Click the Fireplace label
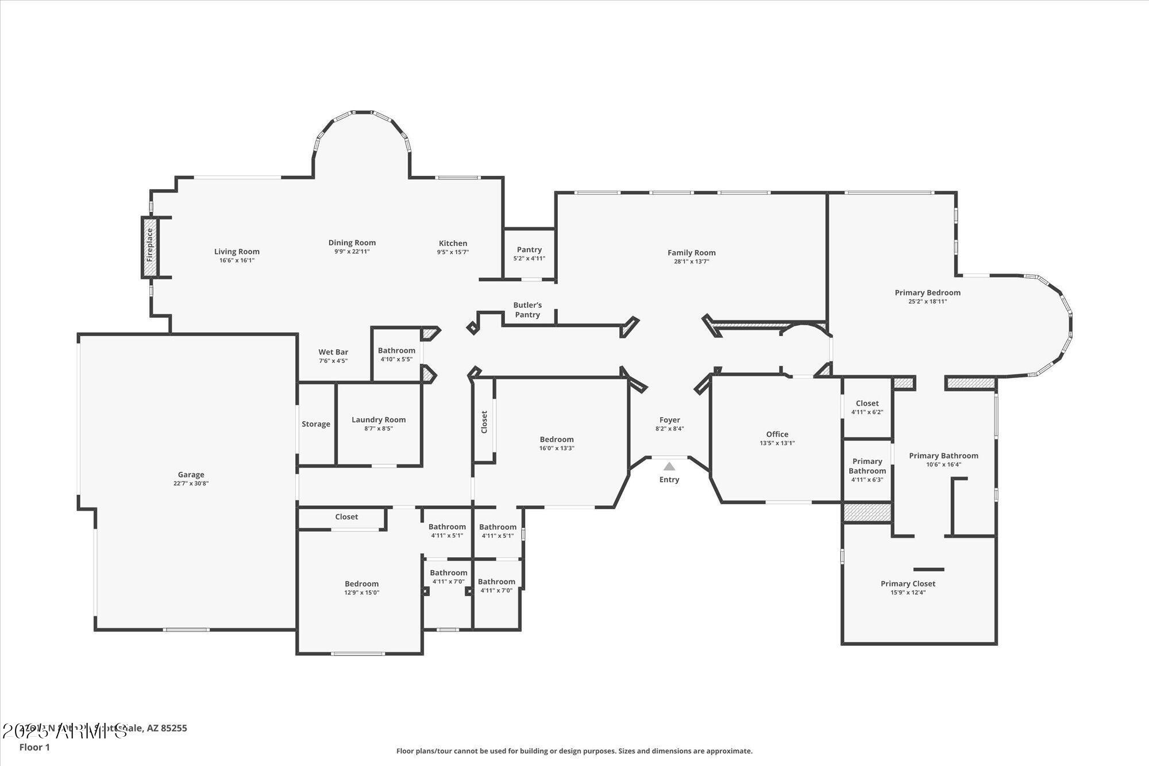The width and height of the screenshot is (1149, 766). coord(150,245)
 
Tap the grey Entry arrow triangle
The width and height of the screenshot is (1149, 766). coord(669,467)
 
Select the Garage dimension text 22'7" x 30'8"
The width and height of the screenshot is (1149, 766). coord(191,484)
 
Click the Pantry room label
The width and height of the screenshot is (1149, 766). coord(529,249)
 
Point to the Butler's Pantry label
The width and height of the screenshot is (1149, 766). coord(527,310)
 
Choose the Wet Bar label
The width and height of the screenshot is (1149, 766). coord(333,352)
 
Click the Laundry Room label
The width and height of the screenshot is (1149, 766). coord(379,419)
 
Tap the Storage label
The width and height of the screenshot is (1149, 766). coord(316,424)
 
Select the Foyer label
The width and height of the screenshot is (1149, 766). coord(669,420)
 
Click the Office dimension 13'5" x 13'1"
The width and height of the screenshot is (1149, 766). coord(777,443)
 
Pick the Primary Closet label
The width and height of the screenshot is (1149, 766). coord(908,584)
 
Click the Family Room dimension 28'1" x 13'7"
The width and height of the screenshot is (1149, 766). coord(692,261)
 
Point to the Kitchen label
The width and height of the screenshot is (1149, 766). coord(453,243)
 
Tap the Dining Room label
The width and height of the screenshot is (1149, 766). coord(352,242)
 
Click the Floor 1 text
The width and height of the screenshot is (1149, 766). coord(34,747)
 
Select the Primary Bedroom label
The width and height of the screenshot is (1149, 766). coord(927,292)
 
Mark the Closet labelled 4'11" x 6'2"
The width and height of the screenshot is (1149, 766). coord(867,403)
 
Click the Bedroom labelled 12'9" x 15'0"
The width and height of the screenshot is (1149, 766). coord(361,584)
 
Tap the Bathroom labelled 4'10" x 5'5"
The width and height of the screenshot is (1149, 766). coord(396,351)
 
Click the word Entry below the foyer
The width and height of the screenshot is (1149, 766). coord(669,479)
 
